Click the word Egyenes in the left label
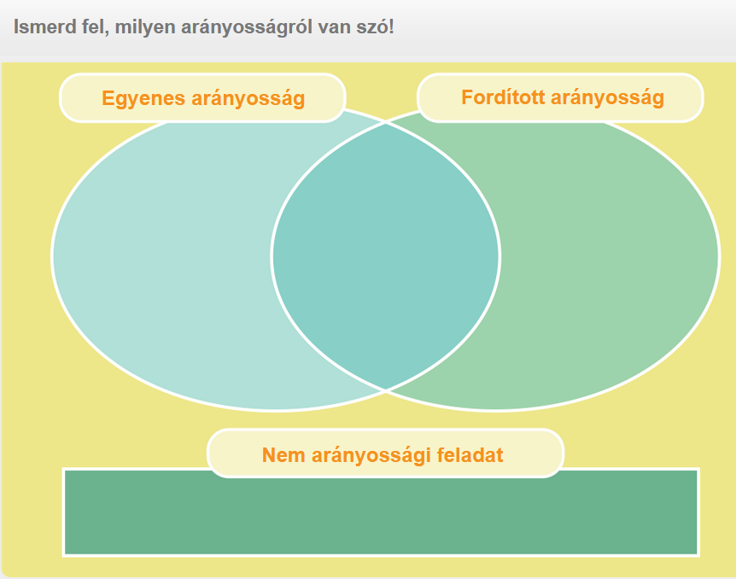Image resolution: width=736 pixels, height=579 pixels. (143, 99)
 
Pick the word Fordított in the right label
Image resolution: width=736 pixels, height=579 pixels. (503, 97)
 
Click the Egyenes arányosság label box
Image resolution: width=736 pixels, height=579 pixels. (202, 98)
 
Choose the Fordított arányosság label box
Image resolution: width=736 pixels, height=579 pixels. (560, 97)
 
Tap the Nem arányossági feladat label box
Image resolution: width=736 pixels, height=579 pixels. (385, 453)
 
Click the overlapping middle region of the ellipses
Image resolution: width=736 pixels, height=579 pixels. (385, 256)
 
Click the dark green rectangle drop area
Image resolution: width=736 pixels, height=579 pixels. (381, 517)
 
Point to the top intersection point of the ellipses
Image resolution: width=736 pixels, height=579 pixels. (386, 123)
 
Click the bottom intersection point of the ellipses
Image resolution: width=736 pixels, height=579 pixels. (386, 389)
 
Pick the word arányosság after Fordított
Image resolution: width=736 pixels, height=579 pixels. (607, 98)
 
